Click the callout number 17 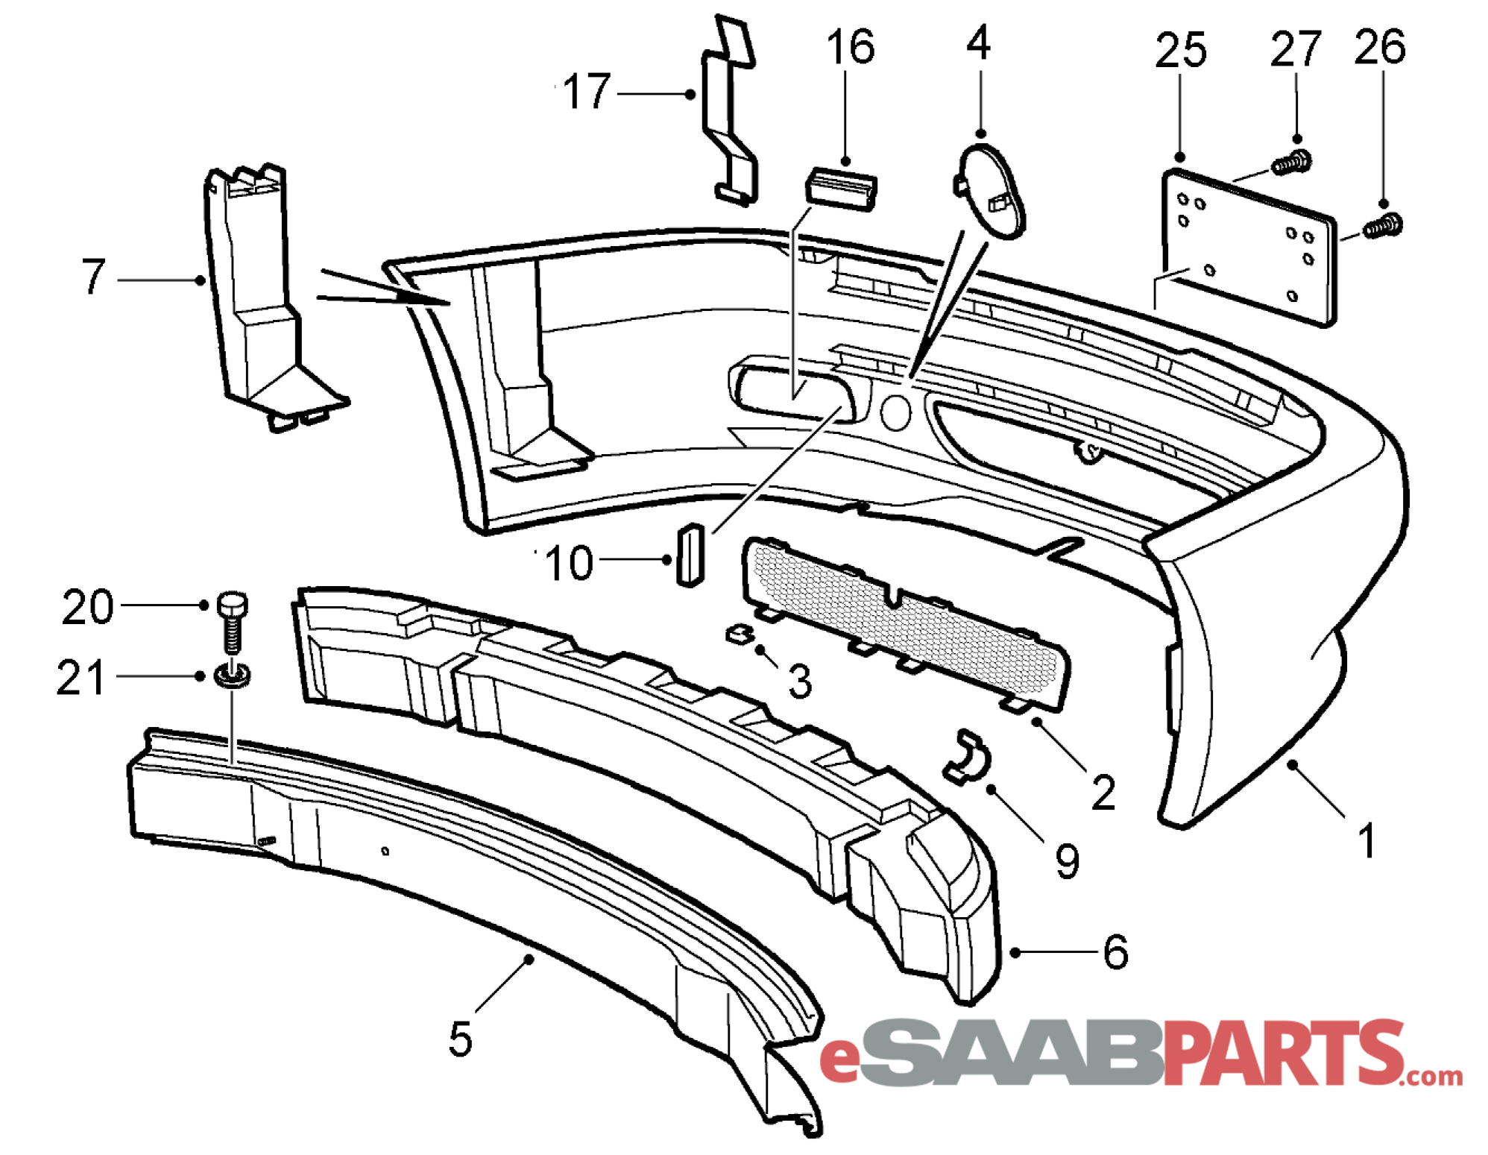coord(587,92)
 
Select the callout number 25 coord(1180,51)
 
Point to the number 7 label coord(94,276)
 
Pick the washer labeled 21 coord(233,676)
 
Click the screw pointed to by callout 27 coord(1291,162)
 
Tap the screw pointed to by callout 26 coord(1383,225)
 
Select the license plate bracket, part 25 coord(1249,248)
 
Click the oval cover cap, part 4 coord(990,190)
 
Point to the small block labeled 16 coord(841,189)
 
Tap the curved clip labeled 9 coord(966,758)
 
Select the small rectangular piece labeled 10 coord(690,555)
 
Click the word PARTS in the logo coord(1282,1052)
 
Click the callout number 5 coord(460,1039)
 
